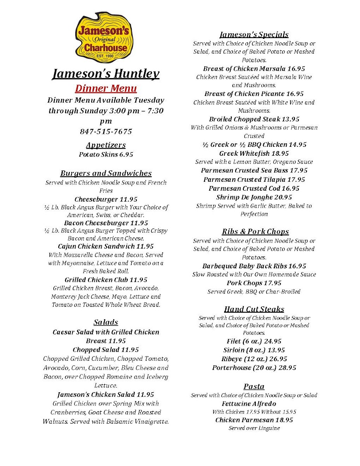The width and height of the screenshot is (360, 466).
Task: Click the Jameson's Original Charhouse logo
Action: [104, 38]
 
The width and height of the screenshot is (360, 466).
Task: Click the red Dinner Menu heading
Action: [106, 88]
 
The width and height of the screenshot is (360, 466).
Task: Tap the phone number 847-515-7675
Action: [106, 132]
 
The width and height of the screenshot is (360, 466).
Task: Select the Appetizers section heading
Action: [106, 145]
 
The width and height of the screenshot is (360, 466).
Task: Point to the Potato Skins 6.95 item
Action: [106, 155]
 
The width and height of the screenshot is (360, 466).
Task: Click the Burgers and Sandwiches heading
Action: [106, 174]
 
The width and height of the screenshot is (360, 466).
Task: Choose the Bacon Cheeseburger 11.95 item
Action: [106, 223]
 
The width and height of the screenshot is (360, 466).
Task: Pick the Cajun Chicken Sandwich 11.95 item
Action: [106, 247]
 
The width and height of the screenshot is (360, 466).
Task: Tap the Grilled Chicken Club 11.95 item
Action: [106, 280]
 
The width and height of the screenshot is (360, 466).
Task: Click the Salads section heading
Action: [106, 322]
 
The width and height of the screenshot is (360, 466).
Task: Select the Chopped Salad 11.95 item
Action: [106, 350]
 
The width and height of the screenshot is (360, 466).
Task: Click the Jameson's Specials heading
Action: [254, 35]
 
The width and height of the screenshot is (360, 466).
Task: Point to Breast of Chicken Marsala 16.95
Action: [254, 69]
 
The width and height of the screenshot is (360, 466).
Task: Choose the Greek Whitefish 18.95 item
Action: [254, 153]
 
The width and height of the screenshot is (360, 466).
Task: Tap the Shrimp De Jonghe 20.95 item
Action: [254, 197]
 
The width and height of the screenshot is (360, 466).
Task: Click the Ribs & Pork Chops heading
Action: [255, 232]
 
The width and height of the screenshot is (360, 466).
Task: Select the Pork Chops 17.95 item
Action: [254, 283]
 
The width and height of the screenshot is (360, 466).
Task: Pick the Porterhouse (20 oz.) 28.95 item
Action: [254, 368]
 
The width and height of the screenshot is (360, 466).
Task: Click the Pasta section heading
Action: [254, 387]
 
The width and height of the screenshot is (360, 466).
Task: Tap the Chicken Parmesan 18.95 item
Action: [254, 420]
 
